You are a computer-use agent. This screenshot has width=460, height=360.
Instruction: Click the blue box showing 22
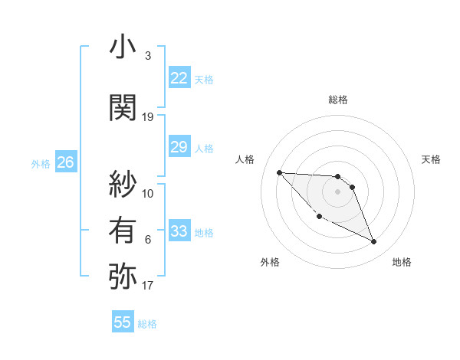pyautogui.click(x=179, y=78)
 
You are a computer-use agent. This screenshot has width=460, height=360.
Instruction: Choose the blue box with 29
pyautogui.click(x=179, y=148)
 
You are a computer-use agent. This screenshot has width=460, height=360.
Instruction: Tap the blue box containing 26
pyautogui.click(x=65, y=162)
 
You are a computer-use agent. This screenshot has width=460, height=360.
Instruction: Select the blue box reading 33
pyautogui.click(x=179, y=232)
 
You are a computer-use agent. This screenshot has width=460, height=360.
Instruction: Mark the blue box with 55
pyautogui.click(x=123, y=322)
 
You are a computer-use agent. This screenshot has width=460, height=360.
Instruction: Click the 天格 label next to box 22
pyautogui.click(x=204, y=80)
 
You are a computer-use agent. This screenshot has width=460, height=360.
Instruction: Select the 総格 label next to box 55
pyautogui.click(x=147, y=324)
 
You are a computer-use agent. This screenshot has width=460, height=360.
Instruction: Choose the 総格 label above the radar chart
pyautogui.click(x=338, y=100)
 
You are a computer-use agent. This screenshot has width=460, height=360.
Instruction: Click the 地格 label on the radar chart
pyautogui.click(x=402, y=262)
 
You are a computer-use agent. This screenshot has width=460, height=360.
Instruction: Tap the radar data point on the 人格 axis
pyautogui.click(x=279, y=172)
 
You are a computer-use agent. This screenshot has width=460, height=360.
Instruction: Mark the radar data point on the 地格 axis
pyautogui.click(x=374, y=242)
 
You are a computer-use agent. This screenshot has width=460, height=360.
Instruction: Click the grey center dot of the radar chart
pyautogui.click(x=338, y=191)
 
